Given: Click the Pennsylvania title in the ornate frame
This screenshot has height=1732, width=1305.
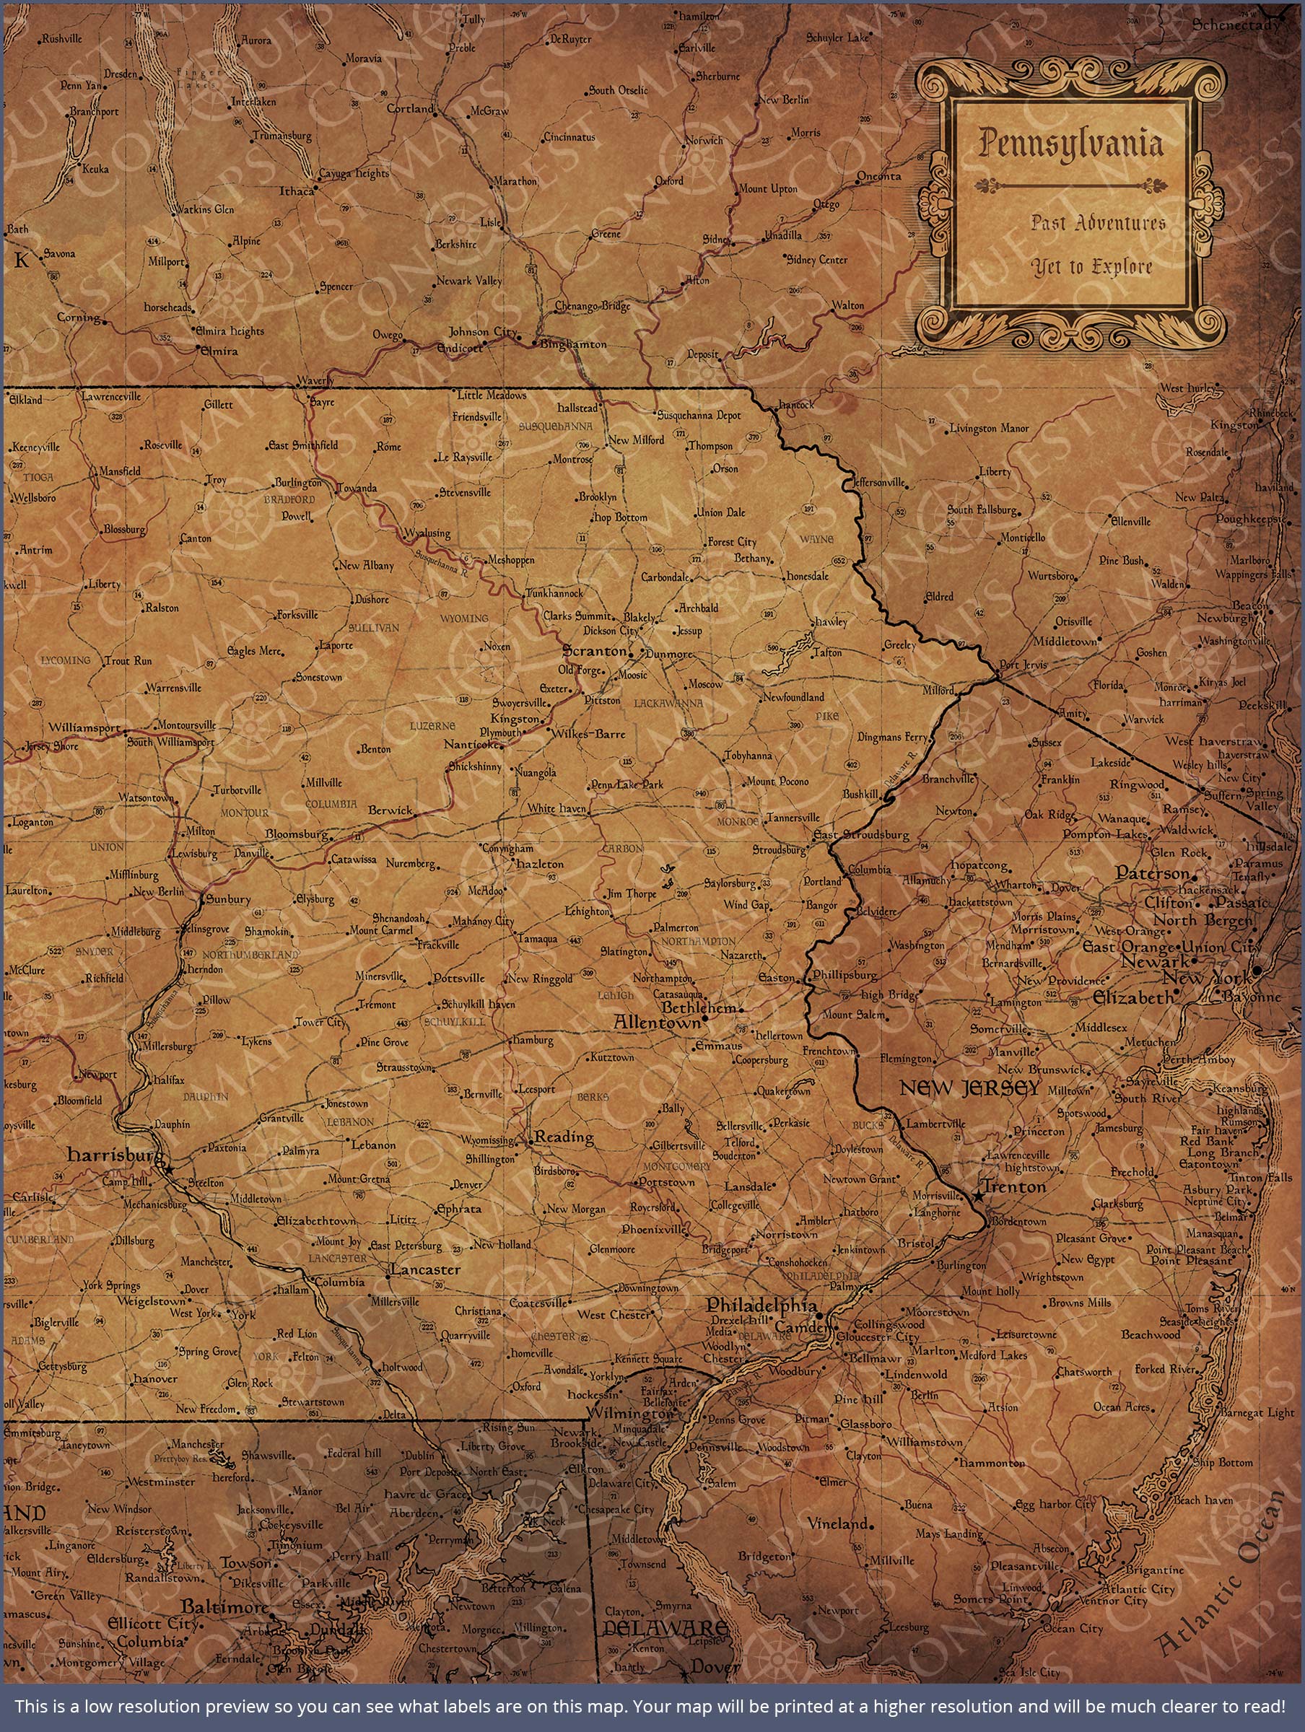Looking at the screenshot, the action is (x=1069, y=145).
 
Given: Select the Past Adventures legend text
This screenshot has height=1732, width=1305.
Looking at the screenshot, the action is (x=1097, y=224).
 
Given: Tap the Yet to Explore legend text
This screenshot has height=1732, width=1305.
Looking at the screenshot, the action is (x=1091, y=268).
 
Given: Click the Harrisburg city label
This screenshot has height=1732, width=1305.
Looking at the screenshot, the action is (x=114, y=1155).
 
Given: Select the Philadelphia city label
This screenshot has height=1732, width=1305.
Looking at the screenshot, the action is (x=761, y=1305).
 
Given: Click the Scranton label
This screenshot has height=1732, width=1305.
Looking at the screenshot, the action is (x=595, y=651).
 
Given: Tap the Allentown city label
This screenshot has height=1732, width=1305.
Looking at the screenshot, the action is (x=656, y=1023).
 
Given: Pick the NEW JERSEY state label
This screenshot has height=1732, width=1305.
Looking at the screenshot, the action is (x=969, y=1088).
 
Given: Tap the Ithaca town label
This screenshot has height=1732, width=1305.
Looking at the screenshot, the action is (x=297, y=191).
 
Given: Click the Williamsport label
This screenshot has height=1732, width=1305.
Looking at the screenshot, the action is (x=84, y=727).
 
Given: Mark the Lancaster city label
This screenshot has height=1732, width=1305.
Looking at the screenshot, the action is (x=425, y=1269).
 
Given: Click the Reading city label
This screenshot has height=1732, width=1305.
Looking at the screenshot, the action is (x=564, y=1137).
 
